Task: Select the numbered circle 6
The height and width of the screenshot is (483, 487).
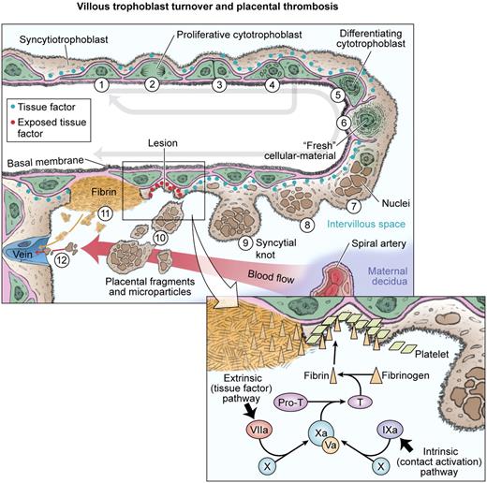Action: click(x=344, y=123)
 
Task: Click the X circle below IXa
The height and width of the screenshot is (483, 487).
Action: click(x=381, y=464)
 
